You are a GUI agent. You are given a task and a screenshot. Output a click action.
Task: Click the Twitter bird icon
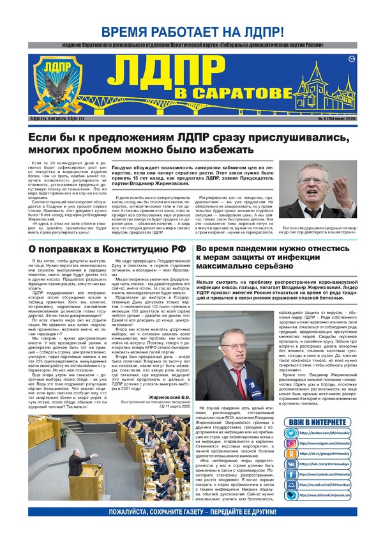click(290, 433)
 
